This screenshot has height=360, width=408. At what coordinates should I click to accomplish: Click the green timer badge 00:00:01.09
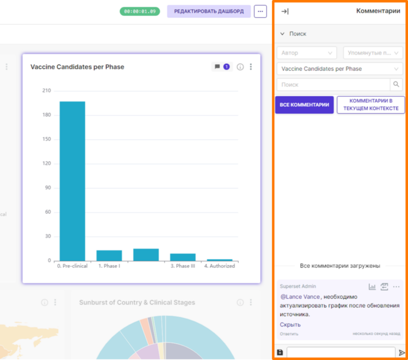(x=140, y=11)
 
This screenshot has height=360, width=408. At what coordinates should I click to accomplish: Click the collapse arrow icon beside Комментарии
(x=285, y=11)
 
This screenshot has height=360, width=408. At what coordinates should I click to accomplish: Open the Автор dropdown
(x=307, y=53)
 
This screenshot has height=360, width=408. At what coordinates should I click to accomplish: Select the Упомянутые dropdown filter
(x=373, y=53)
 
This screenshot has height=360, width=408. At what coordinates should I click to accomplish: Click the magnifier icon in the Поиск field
(x=396, y=84)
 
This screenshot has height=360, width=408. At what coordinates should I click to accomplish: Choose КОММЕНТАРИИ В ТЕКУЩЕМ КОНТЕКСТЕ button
(x=371, y=105)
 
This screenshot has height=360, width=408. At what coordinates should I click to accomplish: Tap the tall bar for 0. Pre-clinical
(x=72, y=181)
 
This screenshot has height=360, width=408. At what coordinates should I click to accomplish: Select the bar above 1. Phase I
(x=109, y=255)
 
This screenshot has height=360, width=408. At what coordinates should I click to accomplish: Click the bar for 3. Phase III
(x=183, y=257)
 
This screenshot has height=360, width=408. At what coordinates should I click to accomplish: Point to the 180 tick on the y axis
(x=47, y=115)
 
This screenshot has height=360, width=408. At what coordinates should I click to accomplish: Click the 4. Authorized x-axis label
(x=219, y=266)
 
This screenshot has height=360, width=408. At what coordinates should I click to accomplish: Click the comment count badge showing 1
(x=226, y=67)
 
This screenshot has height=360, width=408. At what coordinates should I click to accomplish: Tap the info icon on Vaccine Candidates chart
(x=240, y=67)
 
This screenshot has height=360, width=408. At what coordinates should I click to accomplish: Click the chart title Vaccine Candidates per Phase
(x=78, y=67)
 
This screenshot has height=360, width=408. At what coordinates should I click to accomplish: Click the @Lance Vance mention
(x=300, y=297)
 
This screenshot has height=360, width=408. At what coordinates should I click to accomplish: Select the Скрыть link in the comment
(x=290, y=325)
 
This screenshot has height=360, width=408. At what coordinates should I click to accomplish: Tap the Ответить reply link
(x=289, y=334)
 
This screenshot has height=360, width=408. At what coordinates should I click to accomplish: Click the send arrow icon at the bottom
(x=402, y=352)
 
